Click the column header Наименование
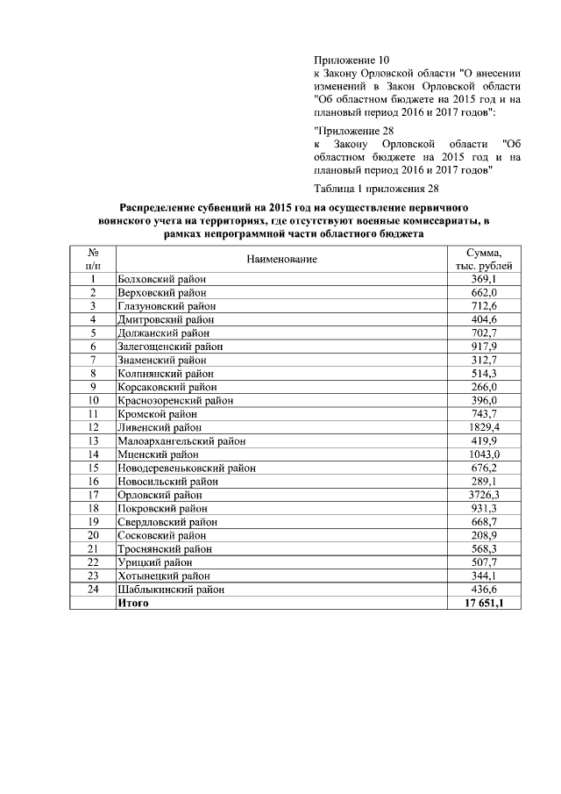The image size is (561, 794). [281, 260]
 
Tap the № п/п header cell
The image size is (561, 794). [93, 260]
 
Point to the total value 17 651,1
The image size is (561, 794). [483, 604]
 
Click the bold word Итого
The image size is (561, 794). [133, 604]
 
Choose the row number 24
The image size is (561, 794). [93, 590]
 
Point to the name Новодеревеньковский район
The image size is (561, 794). [187, 469]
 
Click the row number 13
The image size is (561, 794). [93, 441]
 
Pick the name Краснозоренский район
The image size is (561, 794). [175, 400]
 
